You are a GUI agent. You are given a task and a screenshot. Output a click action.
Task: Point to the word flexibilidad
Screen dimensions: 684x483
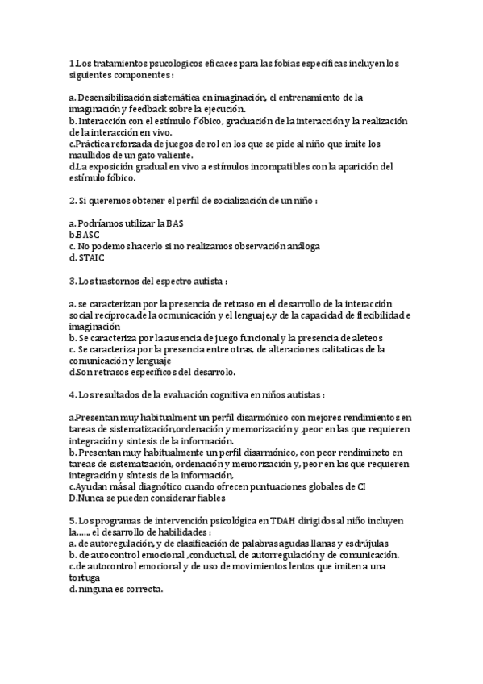click(x=378, y=314)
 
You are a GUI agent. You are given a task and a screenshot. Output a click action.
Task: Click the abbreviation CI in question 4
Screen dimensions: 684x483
click(x=361, y=486)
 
